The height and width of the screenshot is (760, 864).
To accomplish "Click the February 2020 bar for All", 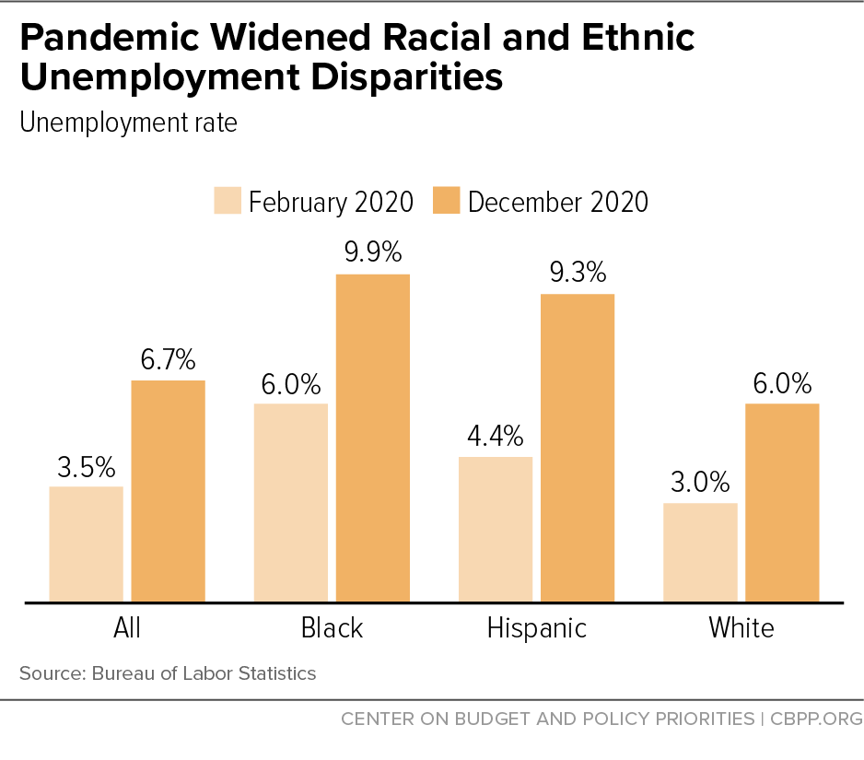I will click(86, 544).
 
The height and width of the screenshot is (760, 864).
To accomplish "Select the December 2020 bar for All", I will click(168, 491).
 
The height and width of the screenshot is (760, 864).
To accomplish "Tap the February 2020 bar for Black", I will click(290, 503).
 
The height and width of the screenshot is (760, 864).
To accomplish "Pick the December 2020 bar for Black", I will click(372, 438).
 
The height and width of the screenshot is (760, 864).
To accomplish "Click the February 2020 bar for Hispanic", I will click(496, 530).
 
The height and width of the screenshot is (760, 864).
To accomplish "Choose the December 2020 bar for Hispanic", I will click(577, 449).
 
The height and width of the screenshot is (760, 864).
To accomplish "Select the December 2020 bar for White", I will click(782, 503).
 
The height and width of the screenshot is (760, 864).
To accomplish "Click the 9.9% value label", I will click(372, 252).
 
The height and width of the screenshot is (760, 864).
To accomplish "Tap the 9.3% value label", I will click(577, 273).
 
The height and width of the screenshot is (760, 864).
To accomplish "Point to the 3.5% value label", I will click(86, 465).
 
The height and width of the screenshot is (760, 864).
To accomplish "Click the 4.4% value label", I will click(496, 435).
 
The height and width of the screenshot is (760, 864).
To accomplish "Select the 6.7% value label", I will click(168, 359).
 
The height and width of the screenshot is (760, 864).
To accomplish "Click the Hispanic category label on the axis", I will click(536, 628).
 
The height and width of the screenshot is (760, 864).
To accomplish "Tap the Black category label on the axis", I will click(332, 628).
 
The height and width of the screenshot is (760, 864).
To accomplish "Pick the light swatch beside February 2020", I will click(228, 201).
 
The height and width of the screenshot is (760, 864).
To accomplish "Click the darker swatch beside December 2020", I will click(446, 201).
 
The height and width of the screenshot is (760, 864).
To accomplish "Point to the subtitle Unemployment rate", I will click(128, 123).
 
